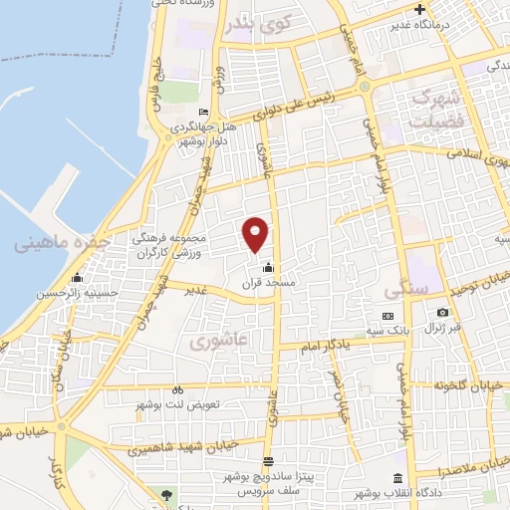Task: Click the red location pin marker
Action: [256, 233]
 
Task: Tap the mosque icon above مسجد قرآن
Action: [267, 267]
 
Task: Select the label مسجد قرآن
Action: [263, 284]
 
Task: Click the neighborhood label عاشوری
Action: [211, 343]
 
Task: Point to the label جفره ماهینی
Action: [59, 243]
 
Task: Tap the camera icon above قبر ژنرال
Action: [441, 312]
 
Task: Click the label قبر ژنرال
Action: [441, 329]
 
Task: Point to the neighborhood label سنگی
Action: [404, 291]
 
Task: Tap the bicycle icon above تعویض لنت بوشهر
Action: [177, 389]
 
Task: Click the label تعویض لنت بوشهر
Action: [177, 406]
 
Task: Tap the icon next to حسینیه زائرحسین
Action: [76, 277]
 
